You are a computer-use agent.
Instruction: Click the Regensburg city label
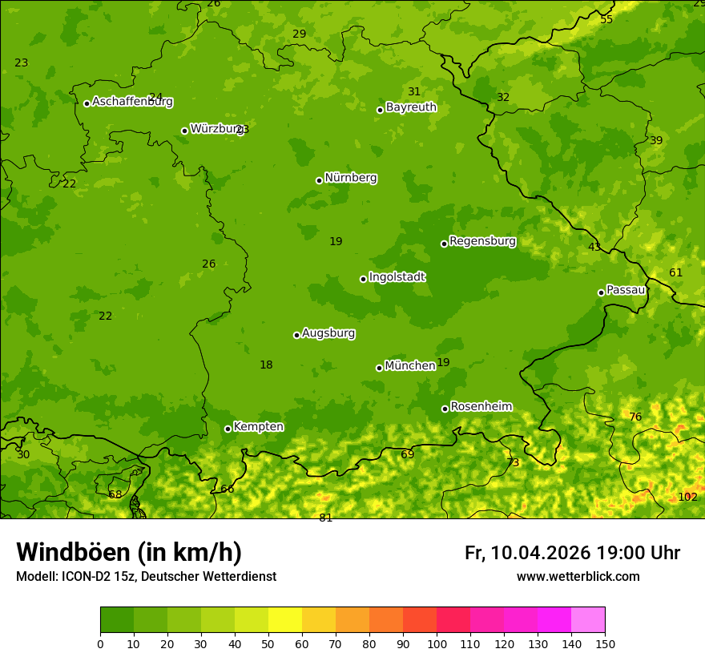[482, 241]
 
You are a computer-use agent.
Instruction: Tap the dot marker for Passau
[601, 292]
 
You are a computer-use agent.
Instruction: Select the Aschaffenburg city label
[132, 102]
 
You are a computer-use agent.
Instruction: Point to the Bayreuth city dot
[380, 110]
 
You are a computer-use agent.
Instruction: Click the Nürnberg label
[350, 178]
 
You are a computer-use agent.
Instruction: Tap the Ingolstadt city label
[397, 277]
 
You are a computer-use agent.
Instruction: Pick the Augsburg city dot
[296, 335]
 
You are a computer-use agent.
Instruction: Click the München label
[409, 366]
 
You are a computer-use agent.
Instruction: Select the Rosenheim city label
[481, 407]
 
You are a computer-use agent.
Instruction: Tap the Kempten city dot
[228, 429]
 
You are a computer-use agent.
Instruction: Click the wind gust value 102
[687, 497]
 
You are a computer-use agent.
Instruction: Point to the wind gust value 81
[325, 518]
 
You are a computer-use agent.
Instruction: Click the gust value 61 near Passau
[675, 272]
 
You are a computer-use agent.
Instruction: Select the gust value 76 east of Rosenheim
[635, 417]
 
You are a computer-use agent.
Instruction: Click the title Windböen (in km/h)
[128, 552]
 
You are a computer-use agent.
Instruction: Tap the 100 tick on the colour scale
[437, 643]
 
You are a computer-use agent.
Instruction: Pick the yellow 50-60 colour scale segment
[285, 620]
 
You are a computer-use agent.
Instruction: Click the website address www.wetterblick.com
[578, 576]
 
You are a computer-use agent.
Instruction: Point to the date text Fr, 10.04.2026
[527, 553]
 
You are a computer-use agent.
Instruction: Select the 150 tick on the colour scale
[605, 643]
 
